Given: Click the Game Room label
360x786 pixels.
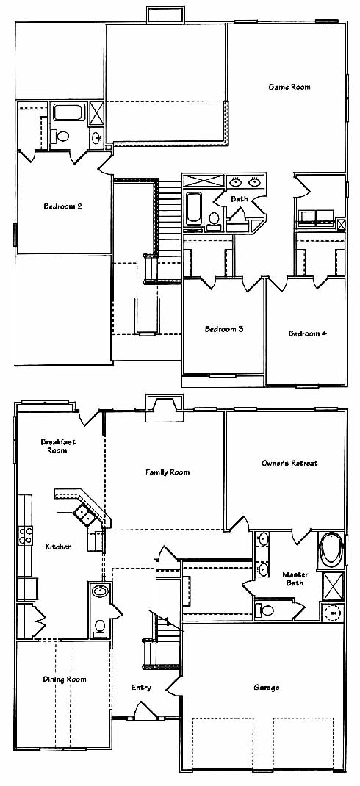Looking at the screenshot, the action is [289, 87].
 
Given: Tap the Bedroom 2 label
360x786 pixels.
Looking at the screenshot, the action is [62, 206].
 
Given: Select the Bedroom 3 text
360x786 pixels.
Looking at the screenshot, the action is [224, 329].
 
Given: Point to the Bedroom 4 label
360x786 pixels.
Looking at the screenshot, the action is [307, 333].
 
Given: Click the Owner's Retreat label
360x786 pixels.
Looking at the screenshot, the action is [289, 464].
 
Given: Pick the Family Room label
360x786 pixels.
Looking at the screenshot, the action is [168, 472].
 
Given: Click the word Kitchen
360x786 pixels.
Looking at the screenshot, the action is [58, 547].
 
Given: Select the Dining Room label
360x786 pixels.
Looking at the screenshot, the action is [64, 679].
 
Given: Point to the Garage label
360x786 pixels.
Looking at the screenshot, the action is [266, 688].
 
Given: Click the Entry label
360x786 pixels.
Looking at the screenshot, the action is [141, 688].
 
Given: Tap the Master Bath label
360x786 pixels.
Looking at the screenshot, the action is [295, 578].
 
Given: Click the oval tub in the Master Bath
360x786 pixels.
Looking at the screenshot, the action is [331, 550].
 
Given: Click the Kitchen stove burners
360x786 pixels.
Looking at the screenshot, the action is [26, 536].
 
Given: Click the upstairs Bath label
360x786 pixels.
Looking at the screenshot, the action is [240, 199].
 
